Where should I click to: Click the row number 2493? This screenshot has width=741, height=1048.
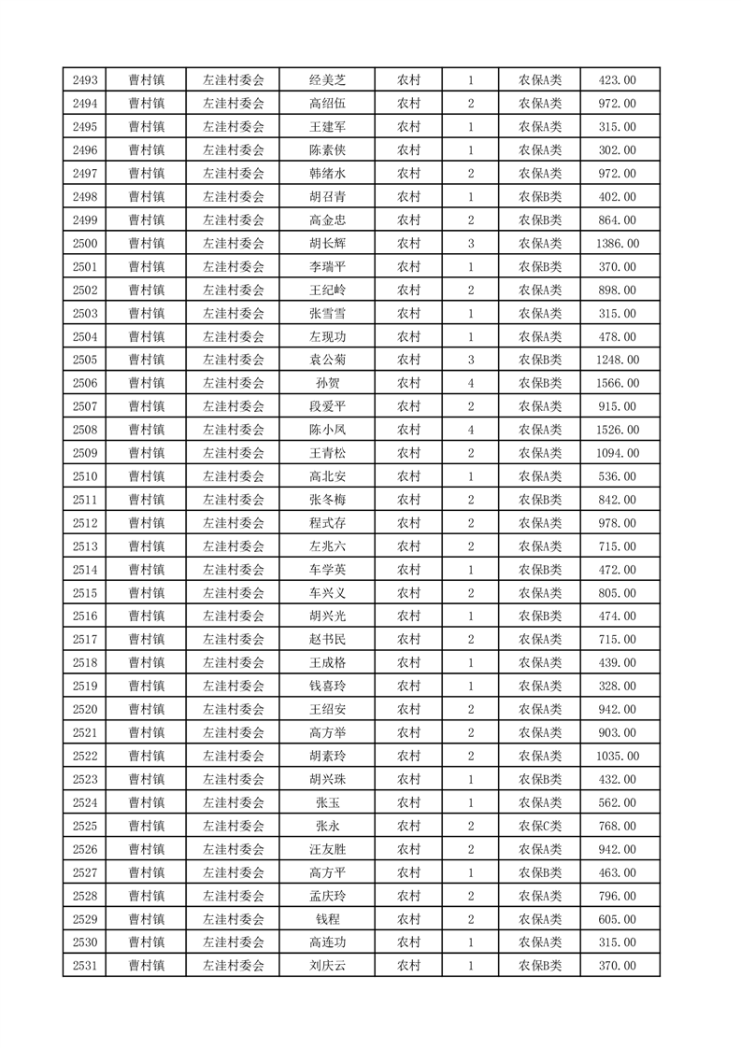pos(85,80)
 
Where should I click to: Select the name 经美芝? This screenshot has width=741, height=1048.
pos(327,80)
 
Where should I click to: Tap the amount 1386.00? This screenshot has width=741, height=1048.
pos(617,244)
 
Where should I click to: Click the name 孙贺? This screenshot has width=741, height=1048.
pos(327,383)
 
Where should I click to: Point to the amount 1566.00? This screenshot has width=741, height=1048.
pos(617,383)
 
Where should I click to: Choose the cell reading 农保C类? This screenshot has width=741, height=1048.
pos(540,826)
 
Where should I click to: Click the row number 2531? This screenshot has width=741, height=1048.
pos(85,966)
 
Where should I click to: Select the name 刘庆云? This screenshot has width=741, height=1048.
pos(327,966)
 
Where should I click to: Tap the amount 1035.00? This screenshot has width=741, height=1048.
pos(617,756)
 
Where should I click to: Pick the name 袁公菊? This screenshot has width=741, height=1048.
pos(327,360)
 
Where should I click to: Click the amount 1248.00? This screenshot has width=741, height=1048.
pos(617,360)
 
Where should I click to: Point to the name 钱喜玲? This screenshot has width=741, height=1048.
pos(327,686)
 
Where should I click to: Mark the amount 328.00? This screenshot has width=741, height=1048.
pos(617,686)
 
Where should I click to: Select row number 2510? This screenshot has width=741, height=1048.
pos(85,476)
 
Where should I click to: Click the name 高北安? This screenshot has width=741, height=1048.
pos(327,476)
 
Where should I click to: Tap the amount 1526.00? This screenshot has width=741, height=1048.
pos(617,430)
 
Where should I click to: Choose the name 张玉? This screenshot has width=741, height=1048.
pos(327,802)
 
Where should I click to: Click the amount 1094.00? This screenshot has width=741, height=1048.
pos(617,453)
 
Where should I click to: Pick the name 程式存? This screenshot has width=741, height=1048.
pos(327,523)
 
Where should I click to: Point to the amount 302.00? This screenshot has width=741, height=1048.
pos(617,150)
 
